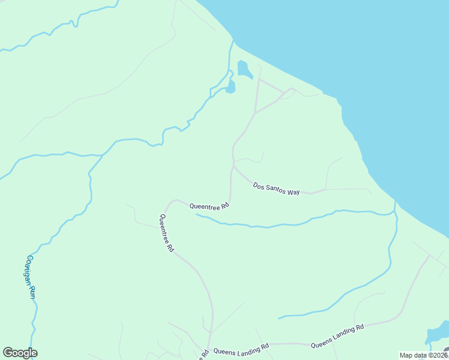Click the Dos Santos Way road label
pyautogui.click(x=276, y=189)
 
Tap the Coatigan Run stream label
pyautogui.click(x=30, y=277)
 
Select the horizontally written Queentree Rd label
pyautogui.click(x=209, y=206)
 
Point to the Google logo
pyautogui.click(x=20, y=353)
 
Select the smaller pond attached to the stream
pyautogui.click(x=231, y=88)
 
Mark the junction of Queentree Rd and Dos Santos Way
pyautogui.click(x=233, y=166)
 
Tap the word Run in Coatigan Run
pyautogui.click(x=32, y=292)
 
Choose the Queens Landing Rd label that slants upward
pyautogui.click(x=337, y=337)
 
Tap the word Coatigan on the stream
pyautogui.click(x=28, y=269)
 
